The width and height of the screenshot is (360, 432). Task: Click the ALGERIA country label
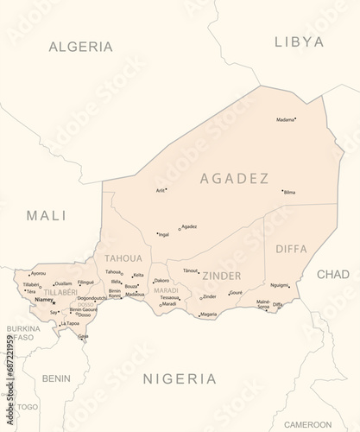coord(80,46)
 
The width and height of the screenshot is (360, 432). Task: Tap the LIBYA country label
coord(299,41)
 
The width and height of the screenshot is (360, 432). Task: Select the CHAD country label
coord(333,274)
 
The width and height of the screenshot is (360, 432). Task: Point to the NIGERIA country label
coord(179,378)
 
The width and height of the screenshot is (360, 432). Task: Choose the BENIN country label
coord(56,378)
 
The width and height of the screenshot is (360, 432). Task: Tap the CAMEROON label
coord(307,424)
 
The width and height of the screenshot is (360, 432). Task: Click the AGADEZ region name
coord(234,179)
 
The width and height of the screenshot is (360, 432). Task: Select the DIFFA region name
coord(291,249)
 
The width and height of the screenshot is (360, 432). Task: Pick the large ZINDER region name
coord(221,276)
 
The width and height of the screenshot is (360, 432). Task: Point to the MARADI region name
coord(166,291)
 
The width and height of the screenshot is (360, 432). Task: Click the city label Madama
coord(285,120)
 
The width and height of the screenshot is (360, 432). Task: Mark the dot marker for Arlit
coord(167,189)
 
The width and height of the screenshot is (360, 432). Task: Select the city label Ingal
coord(164,234)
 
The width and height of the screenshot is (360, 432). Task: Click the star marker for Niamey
coord(56,302)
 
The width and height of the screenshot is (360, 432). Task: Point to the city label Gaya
coord(83,335)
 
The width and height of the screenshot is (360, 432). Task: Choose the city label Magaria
coord(208,314)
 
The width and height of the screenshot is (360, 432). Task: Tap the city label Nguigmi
coord(280,284)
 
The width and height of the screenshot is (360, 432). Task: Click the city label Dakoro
coord(162,281)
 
